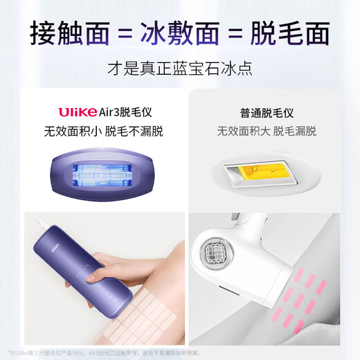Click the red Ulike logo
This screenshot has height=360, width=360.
(76, 111)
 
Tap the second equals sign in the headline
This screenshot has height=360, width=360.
(238, 33)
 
